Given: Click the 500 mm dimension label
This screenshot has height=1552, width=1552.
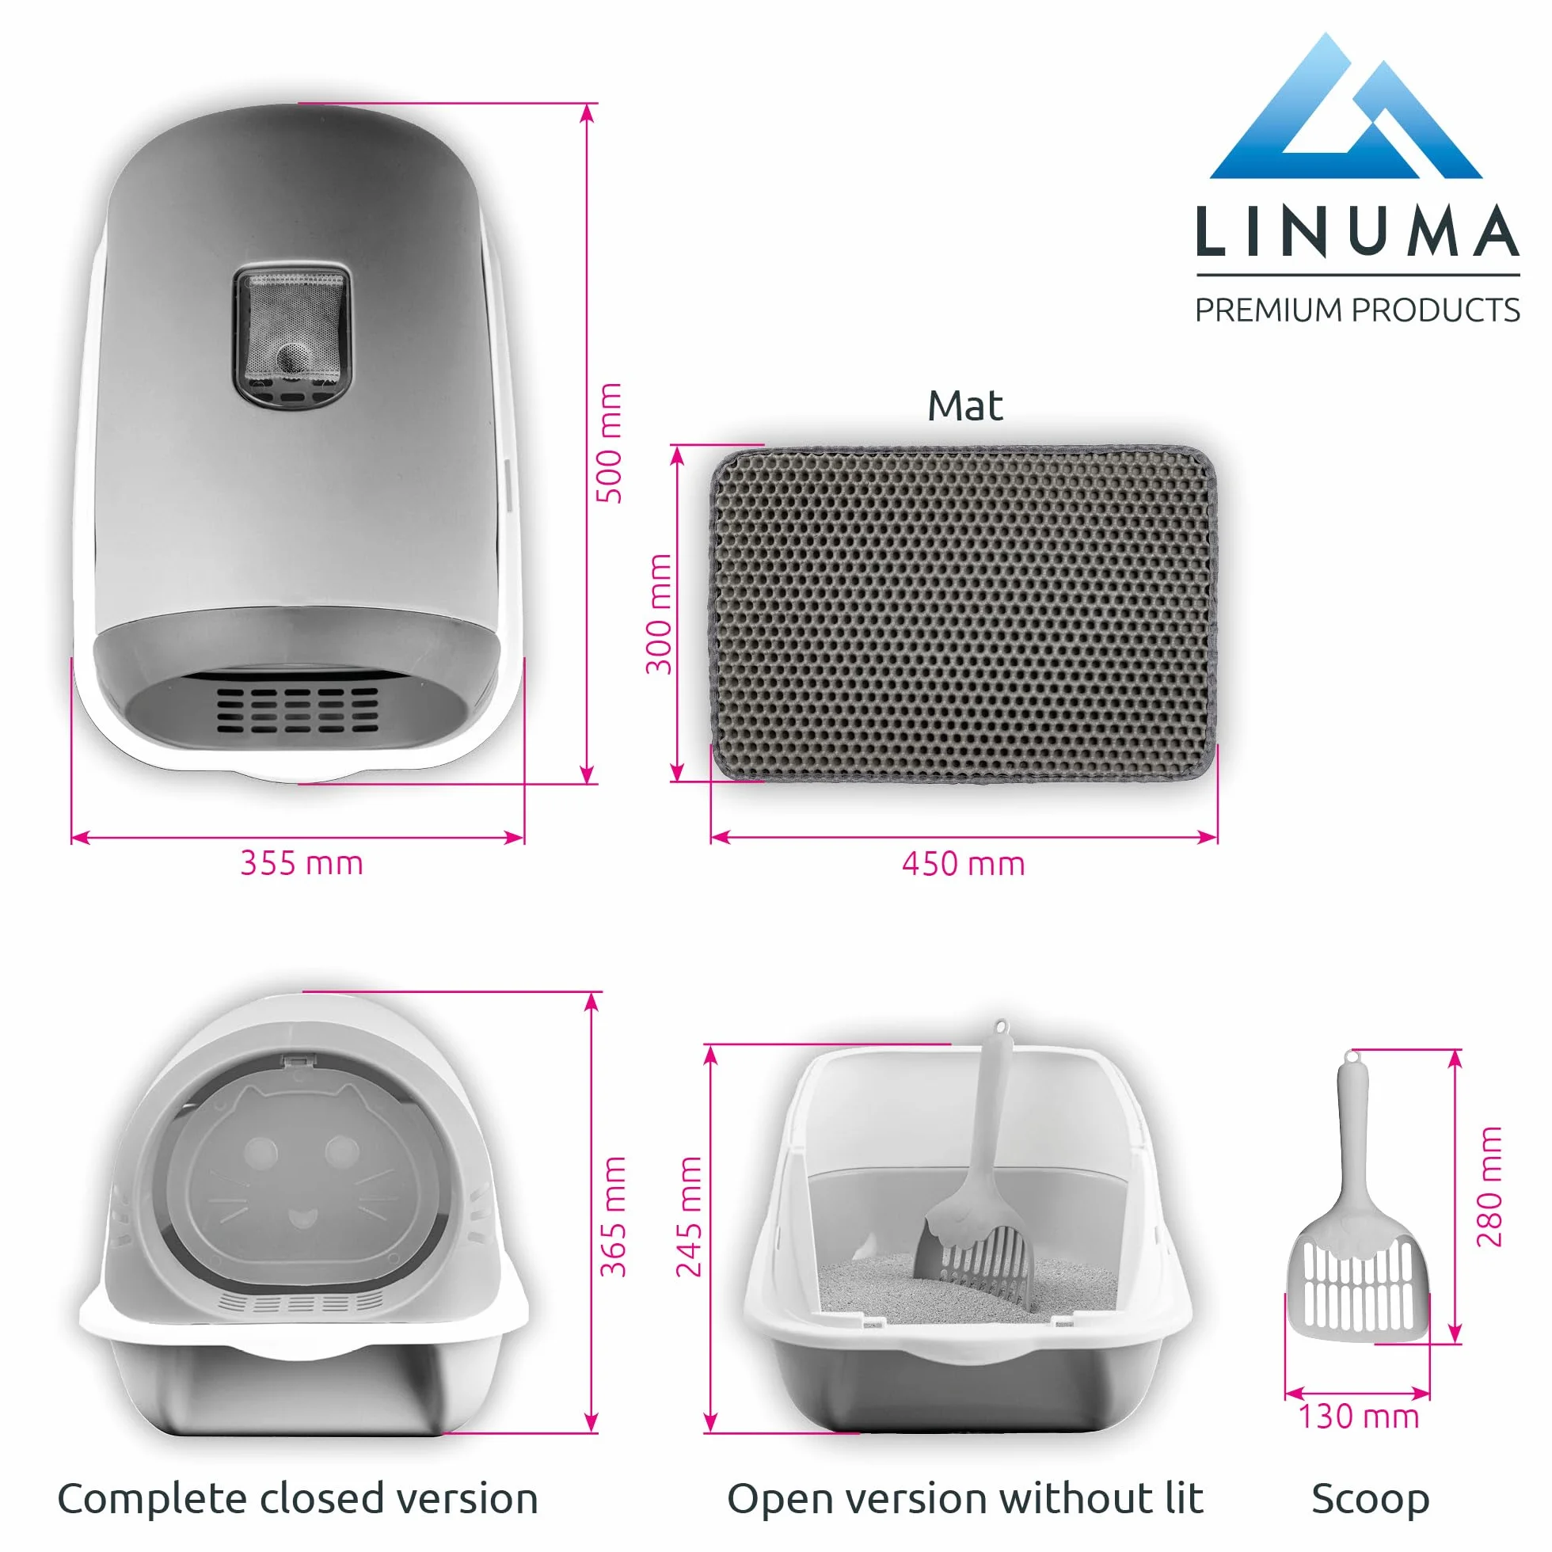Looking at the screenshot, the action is (x=609, y=443).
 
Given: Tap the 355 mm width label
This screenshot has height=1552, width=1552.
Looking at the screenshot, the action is (x=302, y=863).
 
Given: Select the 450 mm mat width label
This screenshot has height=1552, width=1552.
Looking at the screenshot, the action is (x=963, y=864).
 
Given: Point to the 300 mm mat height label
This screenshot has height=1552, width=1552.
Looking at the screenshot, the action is (x=659, y=614).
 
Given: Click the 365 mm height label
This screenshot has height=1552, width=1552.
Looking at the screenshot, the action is (x=613, y=1216).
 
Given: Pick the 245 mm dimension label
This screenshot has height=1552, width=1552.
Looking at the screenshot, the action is (x=688, y=1216).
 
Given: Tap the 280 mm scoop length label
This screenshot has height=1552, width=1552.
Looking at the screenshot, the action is (x=1489, y=1185).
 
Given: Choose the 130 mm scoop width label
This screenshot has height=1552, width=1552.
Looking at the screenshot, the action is (x=1360, y=1416).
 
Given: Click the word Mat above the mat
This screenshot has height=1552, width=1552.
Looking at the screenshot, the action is (x=964, y=405).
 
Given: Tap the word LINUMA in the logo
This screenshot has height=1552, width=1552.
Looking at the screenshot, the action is (x=1357, y=231).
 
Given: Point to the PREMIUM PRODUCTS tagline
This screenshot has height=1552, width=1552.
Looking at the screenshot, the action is (x=1357, y=310).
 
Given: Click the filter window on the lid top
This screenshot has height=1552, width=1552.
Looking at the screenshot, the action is (x=292, y=337).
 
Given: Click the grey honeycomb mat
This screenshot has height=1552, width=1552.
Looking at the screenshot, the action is (x=964, y=614).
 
